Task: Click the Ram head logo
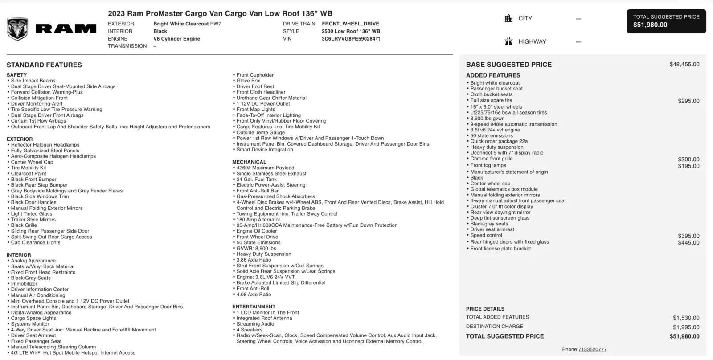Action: click(x=17, y=29)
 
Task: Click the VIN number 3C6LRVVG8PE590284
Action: click(x=348, y=39)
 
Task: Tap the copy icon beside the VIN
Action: click(x=378, y=39)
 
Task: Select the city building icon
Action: click(x=508, y=18)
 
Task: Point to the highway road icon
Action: click(x=508, y=41)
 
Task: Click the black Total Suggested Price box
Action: click(x=666, y=21)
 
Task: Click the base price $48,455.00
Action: click(x=684, y=65)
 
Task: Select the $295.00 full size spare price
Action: click(x=688, y=101)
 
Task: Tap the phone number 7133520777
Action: click(x=592, y=350)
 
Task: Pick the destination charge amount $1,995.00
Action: click(x=686, y=327)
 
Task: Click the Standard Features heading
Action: click(x=44, y=65)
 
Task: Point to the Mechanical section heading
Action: click(x=249, y=162)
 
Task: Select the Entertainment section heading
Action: click(x=254, y=307)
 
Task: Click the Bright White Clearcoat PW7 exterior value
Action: click(x=187, y=24)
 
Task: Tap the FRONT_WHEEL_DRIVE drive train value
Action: click(x=350, y=24)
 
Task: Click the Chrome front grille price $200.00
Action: click(x=688, y=159)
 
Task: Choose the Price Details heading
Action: click(x=485, y=309)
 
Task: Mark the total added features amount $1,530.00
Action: click(x=686, y=318)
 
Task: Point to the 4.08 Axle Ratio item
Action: click(x=254, y=295)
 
